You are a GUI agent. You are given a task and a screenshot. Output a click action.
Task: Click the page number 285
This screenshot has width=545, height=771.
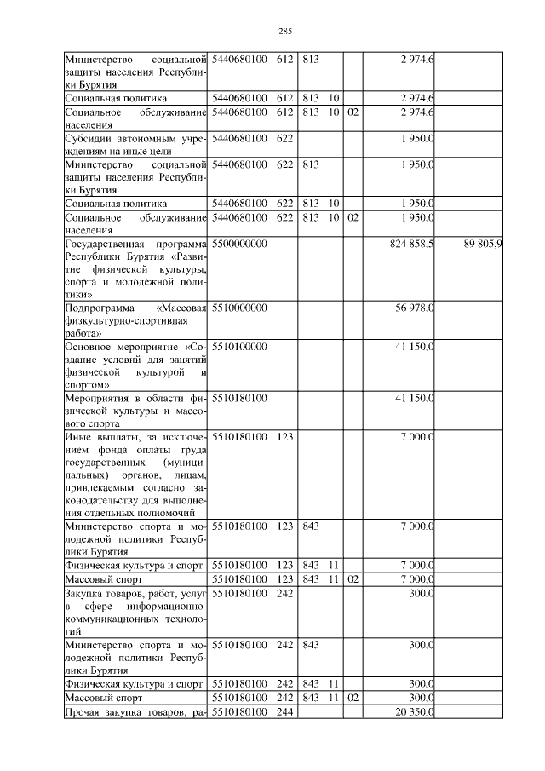pyautogui.click(x=285, y=32)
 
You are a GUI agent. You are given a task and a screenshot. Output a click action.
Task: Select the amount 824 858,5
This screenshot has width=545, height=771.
pyautogui.click(x=412, y=244)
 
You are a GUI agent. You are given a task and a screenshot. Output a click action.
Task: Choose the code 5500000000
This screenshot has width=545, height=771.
pyautogui.click(x=240, y=244)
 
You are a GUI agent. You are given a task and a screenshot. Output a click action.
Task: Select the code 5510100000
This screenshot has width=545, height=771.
pyautogui.click(x=240, y=348)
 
